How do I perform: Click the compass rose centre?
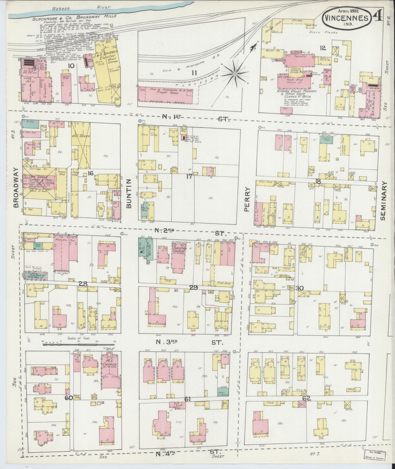[235, 74]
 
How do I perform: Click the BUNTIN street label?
[130, 192]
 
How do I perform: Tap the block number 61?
[187, 399]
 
